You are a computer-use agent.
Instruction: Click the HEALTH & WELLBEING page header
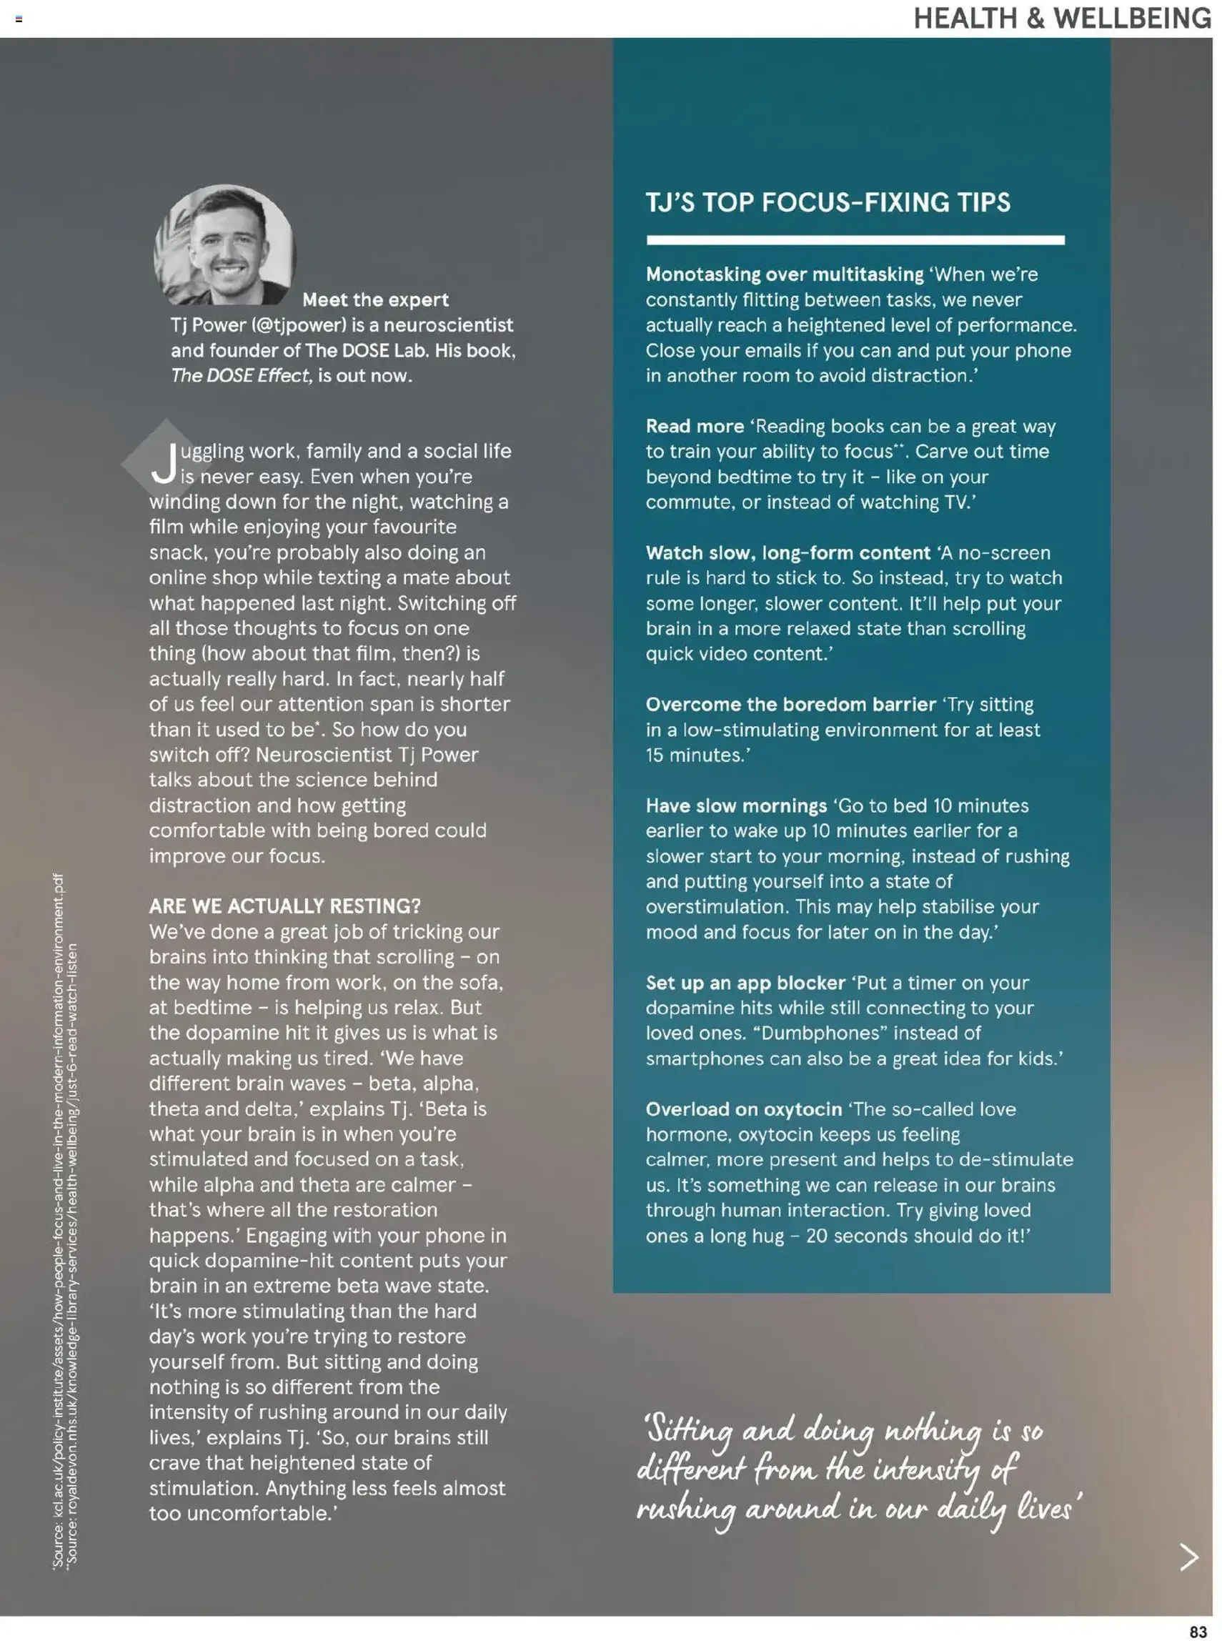(1061, 18)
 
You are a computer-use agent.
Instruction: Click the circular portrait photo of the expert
(225, 245)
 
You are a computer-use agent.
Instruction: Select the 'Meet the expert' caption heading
(375, 299)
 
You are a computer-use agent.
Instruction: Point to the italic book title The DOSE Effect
(239, 376)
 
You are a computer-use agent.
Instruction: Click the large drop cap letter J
(164, 462)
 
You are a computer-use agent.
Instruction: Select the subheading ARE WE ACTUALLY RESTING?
(285, 906)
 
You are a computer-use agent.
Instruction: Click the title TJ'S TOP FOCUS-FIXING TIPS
(827, 202)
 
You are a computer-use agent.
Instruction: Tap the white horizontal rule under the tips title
(855, 240)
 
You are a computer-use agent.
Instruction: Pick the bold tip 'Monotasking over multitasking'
(784, 274)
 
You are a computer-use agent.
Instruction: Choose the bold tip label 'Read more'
(694, 426)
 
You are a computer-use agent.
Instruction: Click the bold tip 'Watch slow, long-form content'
(787, 552)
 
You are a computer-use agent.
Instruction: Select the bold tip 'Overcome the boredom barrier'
(790, 704)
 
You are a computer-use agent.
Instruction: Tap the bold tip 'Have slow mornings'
(735, 805)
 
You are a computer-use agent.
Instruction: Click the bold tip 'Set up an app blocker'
(745, 983)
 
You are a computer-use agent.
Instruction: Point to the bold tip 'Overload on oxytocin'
(743, 1109)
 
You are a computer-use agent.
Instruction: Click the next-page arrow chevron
(1188, 1557)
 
